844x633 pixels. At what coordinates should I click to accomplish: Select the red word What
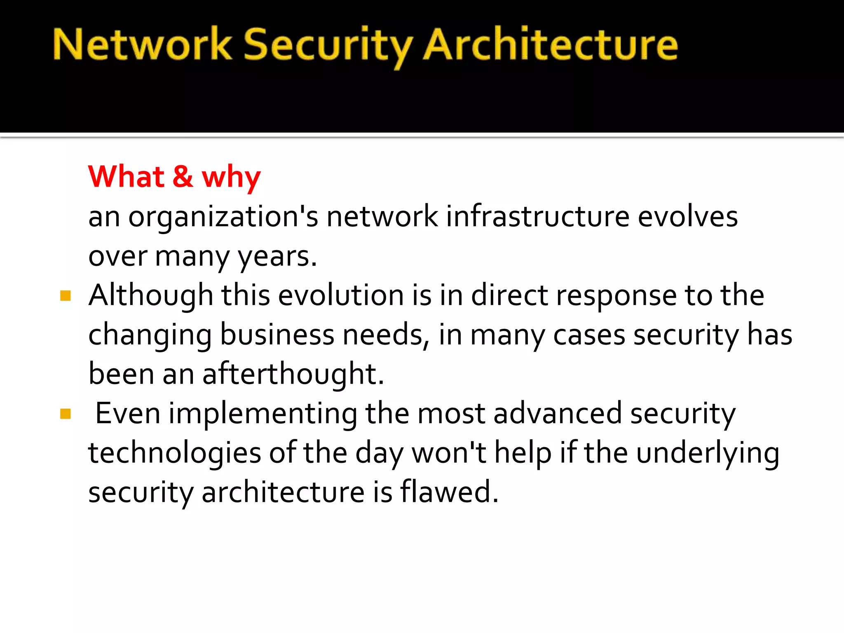pyautogui.click(x=126, y=177)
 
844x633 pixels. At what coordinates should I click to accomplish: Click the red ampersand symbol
pyautogui.click(x=183, y=177)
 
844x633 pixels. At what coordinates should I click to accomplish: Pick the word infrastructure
pyautogui.click(x=537, y=216)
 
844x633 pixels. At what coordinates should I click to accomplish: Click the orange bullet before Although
pyautogui.click(x=66, y=295)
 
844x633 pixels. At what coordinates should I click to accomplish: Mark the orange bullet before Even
pyautogui.click(x=66, y=413)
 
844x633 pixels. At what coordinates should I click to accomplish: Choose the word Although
pyautogui.click(x=151, y=296)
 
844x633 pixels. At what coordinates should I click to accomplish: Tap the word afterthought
pyautogui.click(x=293, y=374)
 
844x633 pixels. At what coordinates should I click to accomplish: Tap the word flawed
pyautogui.click(x=449, y=492)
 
